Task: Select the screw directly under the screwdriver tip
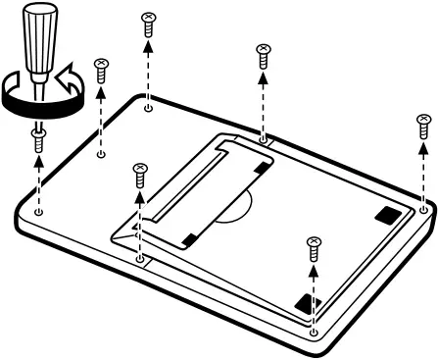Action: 39,138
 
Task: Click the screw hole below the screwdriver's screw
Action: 38,210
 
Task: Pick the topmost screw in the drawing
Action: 149,21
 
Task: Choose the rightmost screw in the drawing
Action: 423,125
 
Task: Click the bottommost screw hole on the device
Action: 313,332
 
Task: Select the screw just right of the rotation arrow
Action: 100,69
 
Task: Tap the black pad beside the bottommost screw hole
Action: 308,303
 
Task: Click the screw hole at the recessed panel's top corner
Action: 264,140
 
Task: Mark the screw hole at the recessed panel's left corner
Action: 140,260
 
